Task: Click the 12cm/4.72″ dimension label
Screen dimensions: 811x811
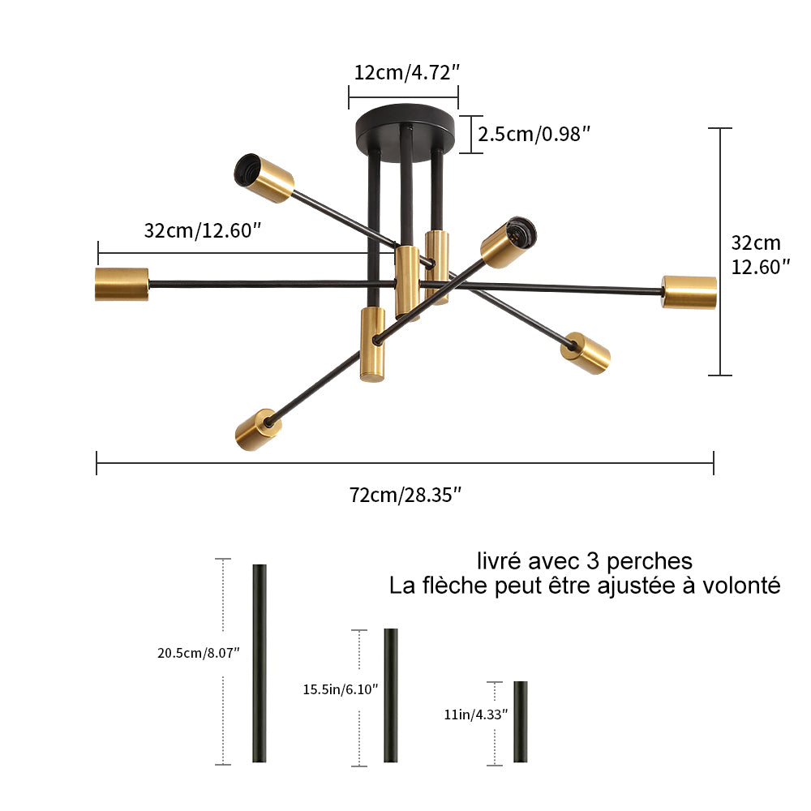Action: (406, 71)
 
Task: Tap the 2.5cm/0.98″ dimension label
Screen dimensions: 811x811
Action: (533, 134)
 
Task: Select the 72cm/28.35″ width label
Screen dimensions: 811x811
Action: (405, 495)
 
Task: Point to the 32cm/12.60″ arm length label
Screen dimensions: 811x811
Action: (203, 230)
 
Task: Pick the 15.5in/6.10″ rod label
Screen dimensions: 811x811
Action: (341, 689)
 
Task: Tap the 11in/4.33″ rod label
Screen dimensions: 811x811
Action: (476, 714)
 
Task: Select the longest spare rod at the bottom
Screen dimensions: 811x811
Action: (260, 663)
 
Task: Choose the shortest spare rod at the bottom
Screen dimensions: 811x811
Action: (520, 721)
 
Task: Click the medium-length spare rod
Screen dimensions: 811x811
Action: (391, 695)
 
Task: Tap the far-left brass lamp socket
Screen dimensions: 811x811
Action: (122, 284)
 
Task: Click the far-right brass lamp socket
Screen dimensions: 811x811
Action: (689, 292)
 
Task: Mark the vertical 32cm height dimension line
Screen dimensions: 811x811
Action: (720, 251)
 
